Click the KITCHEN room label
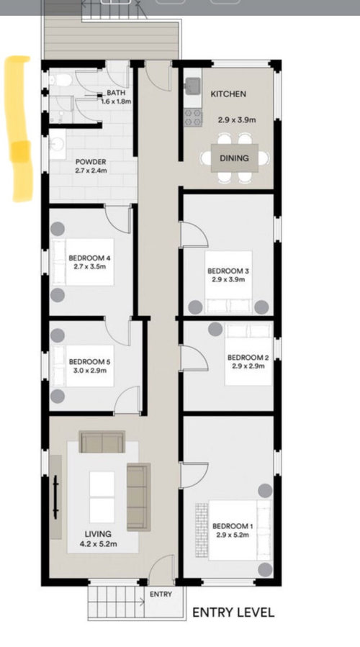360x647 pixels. (228, 94)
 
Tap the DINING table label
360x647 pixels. (234, 158)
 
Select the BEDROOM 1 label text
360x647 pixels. (233, 526)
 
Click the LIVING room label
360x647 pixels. (98, 534)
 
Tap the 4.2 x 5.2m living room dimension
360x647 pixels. (98, 544)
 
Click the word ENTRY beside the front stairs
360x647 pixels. (161, 594)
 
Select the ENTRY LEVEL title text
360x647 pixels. (233, 612)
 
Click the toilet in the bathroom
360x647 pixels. (60, 80)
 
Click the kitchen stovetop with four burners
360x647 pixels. (193, 117)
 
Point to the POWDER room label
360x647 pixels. (91, 162)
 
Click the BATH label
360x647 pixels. (116, 93)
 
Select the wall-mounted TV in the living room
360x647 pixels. (55, 497)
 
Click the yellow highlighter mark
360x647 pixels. (18, 129)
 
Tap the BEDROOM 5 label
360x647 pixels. (89, 362)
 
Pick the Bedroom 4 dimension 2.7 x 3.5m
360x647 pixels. (89, 266)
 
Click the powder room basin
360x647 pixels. (57, 144)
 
